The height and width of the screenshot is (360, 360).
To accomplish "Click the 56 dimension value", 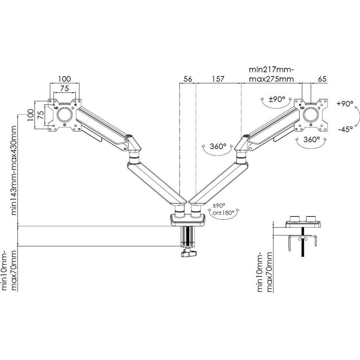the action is click(x=188, y=79).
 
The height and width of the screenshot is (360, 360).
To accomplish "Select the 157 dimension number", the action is click(x=218, y=79).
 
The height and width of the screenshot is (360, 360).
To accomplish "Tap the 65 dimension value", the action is click(x=322, y=79).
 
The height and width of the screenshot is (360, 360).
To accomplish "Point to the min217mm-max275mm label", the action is click(x=271, y=74).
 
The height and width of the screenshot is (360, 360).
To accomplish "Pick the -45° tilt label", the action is click(x=345, y=130).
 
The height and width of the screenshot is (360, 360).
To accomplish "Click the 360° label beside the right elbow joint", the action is click(x=218, y=146).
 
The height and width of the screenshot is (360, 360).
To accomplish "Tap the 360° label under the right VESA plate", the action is click(x=312, y=139).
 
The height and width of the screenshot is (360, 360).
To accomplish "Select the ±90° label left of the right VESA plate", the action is click(x=277, y=99).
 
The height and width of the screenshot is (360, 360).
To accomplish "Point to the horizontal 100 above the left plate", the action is click(x=64, y=79).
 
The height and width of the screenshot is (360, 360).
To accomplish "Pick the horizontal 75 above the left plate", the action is click(x=64, y=88).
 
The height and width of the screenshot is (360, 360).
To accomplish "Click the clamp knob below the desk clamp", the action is click(x=189, y=253).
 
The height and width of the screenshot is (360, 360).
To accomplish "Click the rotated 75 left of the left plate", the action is click(x=40, y=115).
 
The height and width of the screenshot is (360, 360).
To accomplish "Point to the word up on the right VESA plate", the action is click(x=302, y=107).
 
